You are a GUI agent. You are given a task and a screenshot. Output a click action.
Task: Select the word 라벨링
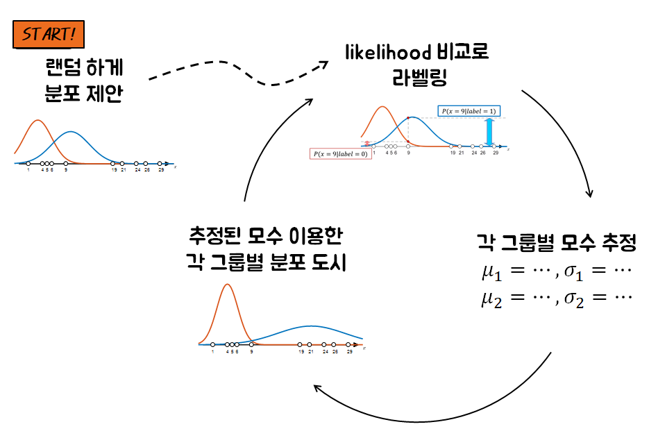(417, 77)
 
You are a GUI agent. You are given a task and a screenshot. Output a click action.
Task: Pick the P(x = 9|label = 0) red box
(340, 154)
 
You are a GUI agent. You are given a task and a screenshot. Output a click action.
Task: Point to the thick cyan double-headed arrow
(489, 132)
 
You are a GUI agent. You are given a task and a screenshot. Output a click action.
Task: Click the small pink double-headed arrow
(366, 144)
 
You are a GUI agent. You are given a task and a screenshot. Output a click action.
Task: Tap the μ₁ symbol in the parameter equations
(490, 271)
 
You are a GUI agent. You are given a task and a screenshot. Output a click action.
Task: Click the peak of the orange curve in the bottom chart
(226, 285)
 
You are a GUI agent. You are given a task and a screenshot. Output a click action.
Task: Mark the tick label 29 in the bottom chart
(349, 352)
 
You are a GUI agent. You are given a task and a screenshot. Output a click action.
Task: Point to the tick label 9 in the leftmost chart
(66, 169)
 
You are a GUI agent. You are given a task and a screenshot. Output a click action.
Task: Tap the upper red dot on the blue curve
(408, 118)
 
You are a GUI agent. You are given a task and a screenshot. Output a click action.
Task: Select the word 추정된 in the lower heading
(212, 238)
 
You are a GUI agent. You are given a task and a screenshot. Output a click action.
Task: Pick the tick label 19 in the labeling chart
(452, 152)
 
